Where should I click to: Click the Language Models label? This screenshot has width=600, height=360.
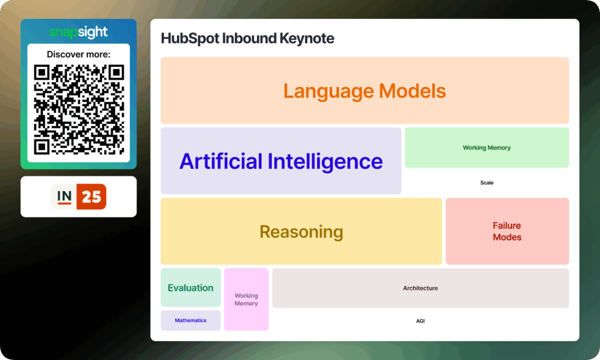point(364,91)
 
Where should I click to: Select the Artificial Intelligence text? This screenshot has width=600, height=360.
point(281,161)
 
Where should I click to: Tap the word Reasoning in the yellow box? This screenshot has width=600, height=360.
point(301,232)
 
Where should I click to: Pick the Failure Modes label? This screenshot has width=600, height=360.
point(507,232)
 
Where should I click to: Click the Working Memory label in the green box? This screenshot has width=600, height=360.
point(487,148)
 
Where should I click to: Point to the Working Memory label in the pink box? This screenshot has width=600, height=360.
point(246,300)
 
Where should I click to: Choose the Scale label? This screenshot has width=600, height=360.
point(487,183)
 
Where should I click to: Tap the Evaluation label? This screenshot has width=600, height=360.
point(190,288)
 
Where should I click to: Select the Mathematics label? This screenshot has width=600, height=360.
point(190,320)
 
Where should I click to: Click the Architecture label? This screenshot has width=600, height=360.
point(420,288)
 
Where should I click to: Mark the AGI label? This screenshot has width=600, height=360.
point(420,321)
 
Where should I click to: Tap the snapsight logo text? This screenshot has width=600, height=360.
point(79,32)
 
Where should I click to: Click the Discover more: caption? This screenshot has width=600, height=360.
point(79,55)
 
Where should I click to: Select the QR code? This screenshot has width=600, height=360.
point(79,110)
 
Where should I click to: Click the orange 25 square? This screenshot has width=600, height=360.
point(91,196)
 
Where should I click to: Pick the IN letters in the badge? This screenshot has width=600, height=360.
point(64,196)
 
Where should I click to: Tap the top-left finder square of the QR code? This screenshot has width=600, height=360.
point(42,72)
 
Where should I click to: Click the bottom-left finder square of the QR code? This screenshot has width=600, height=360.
point(42,147)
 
